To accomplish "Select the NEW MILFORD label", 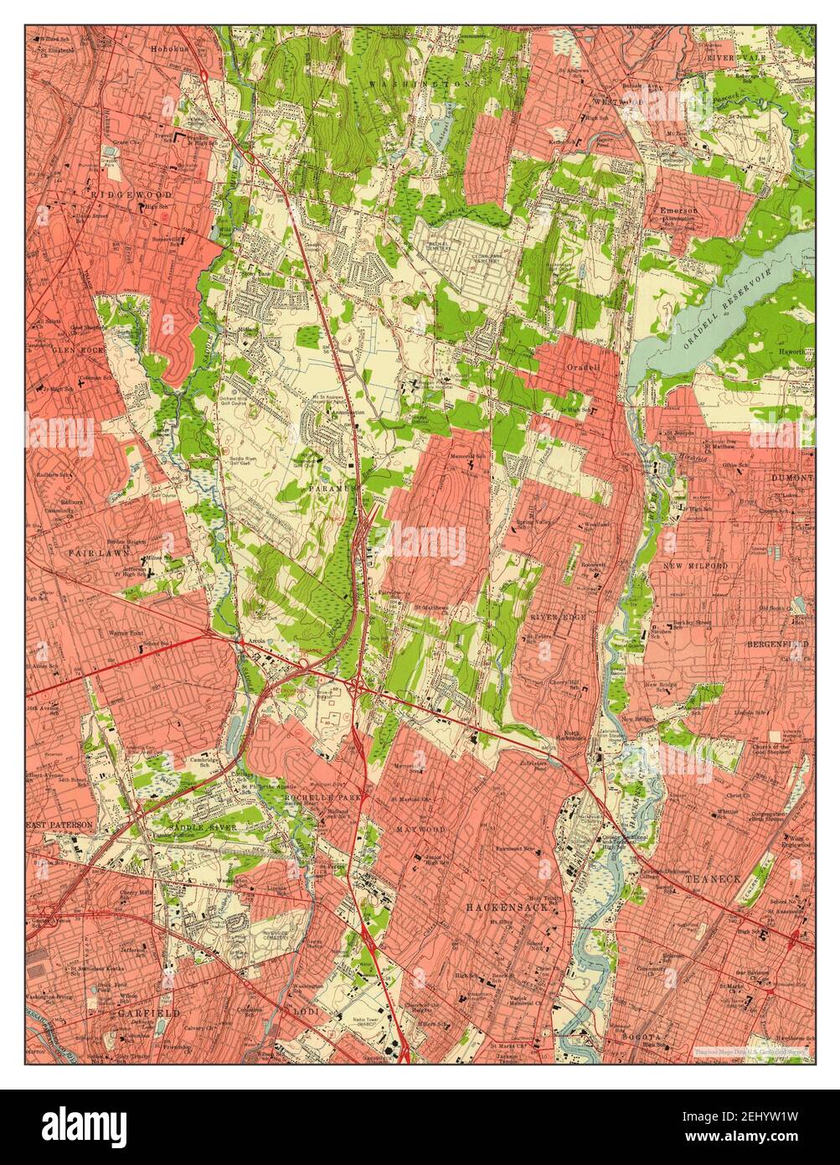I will click(695, 567).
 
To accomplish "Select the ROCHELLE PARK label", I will click(331, 797).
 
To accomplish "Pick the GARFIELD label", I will click(137, 1012).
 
